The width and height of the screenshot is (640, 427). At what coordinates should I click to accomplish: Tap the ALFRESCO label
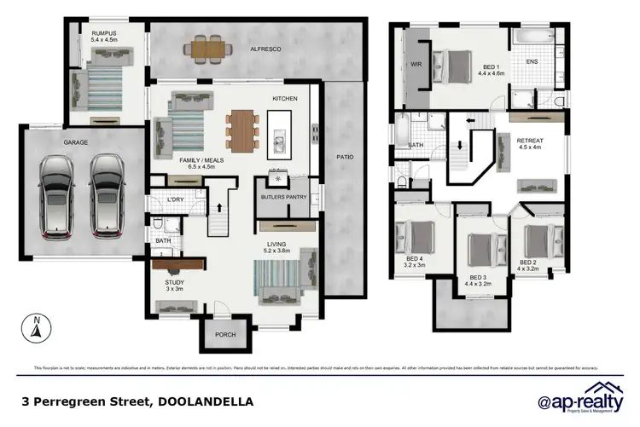click(x=265, y=49)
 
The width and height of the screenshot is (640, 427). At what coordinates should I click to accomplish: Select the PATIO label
click(x=344, y=158)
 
